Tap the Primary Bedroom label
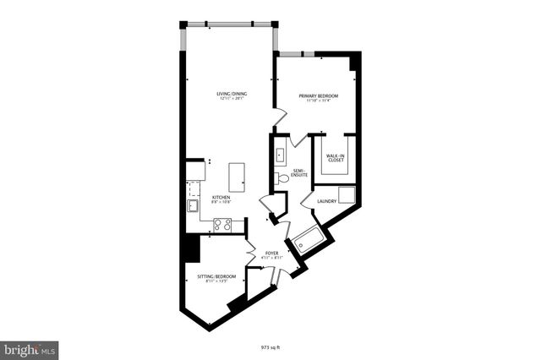click(x=318, y=96)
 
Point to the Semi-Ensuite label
click(x=300, y=172)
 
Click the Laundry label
click(x=326, y=201)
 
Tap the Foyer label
click(x=271, y=252)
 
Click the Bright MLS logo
click(x=30, y=348)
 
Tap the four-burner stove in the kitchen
click(x=222, y=224)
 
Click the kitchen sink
click(x=192, y=205)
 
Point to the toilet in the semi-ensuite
click(x=281, y=178)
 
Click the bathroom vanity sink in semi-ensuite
click(x=281, y=155)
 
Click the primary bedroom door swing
click(x=278, y=118)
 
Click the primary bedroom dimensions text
click(x=318, y=102)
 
